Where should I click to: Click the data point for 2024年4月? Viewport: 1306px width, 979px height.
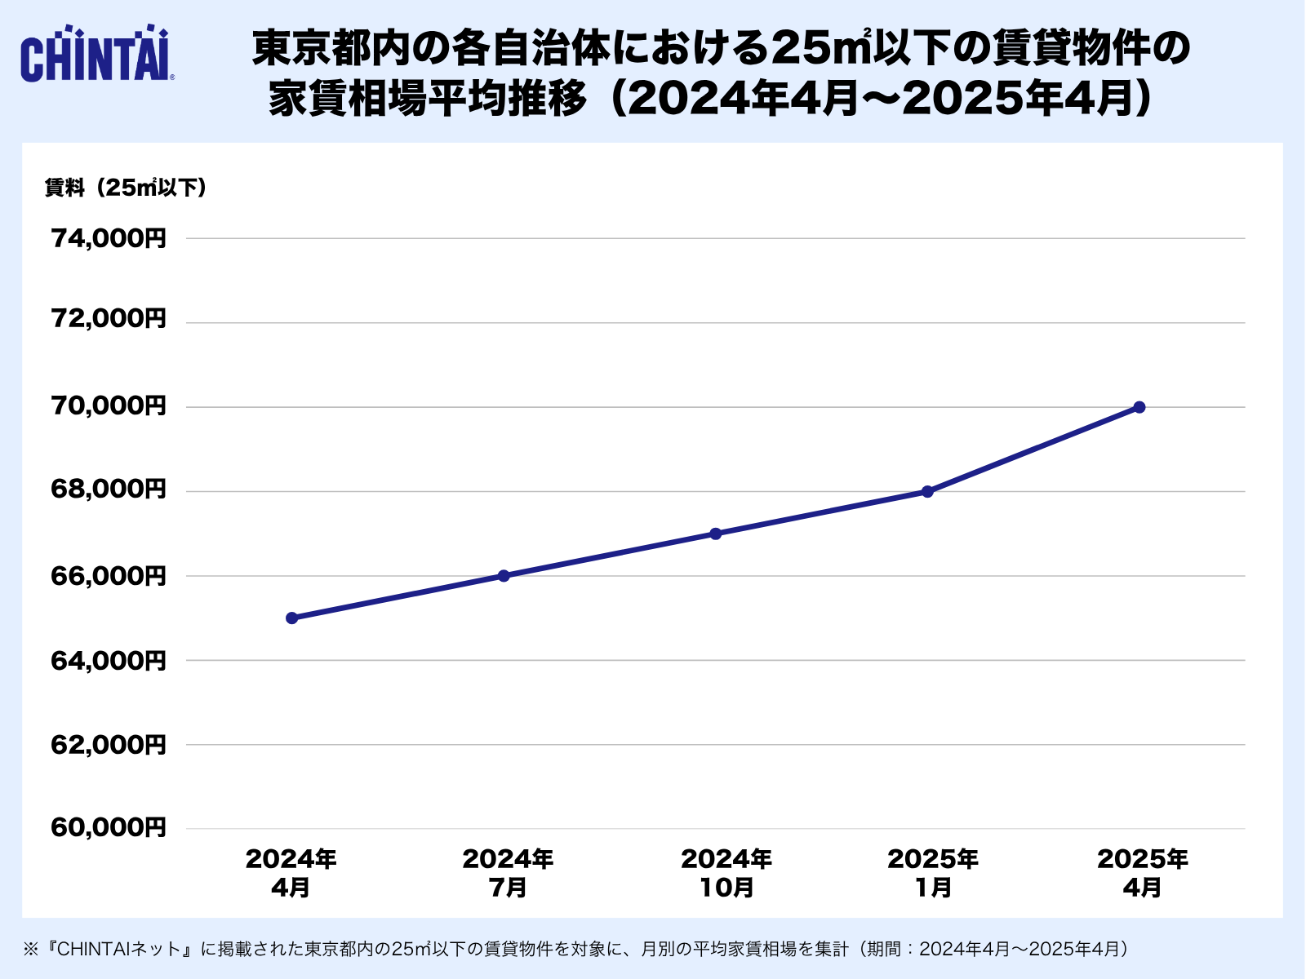(x=291, y=618)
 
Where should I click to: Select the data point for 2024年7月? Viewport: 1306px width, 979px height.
(x=504, y=575)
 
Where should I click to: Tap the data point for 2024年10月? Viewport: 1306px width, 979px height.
(x=715, y=534)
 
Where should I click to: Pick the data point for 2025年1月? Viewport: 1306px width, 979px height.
(x=927, y=491)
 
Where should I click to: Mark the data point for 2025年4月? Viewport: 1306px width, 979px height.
(x=1139, y=407)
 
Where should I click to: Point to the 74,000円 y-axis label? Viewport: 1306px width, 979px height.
(x=109, y=238)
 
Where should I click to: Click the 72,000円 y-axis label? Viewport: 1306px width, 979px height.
(x=109, y=318)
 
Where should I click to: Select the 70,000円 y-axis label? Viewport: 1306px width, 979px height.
(x=109, y=405)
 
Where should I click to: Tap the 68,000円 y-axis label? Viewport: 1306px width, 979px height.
(x=109, y=489)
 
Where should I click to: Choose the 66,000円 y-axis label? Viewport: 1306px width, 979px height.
(x=109, y=576)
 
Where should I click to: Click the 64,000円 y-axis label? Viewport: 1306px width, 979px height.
(x=109, y=660)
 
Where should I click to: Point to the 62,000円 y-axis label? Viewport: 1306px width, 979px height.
(x=109, y=745)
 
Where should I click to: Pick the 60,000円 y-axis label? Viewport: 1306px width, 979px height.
(x=109, y=828)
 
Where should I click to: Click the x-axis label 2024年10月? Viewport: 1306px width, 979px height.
(x=726, y=872)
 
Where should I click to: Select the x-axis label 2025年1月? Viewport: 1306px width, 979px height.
(x=933, y=872)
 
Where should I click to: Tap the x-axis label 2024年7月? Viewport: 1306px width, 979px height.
(x=508, y=872)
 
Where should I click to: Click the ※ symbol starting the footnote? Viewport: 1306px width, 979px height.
(x=31, y=949)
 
